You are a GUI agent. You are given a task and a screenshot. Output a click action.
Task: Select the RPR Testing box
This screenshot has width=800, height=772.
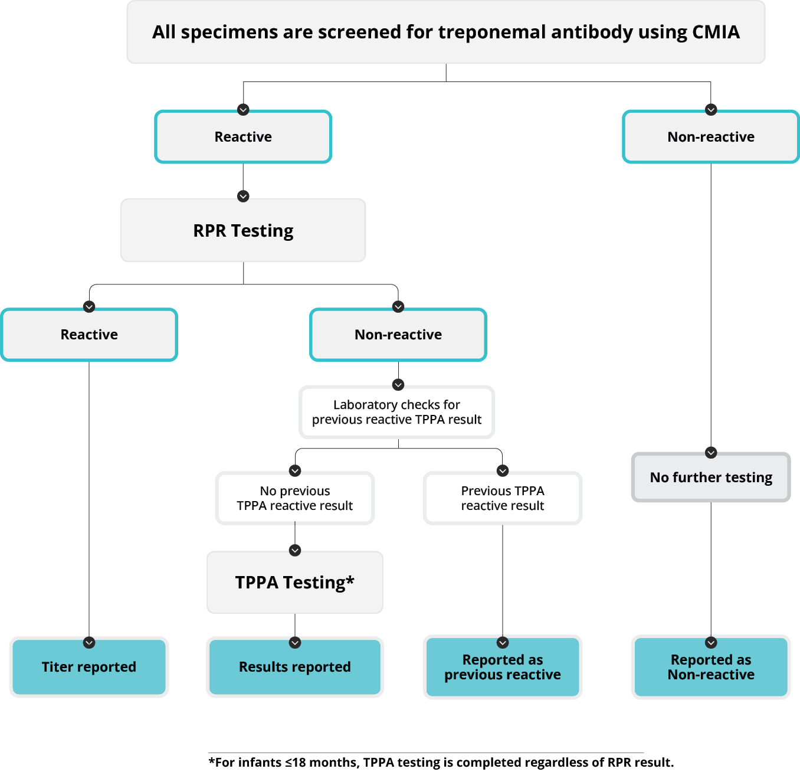pyautogui.click(x=243, y=231)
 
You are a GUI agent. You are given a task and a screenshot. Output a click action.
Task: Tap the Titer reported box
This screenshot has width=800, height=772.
pyautogui.click(x=89, y=667)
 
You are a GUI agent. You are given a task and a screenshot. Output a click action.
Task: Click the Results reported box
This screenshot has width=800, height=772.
pyautogui.click(x=295, y=667)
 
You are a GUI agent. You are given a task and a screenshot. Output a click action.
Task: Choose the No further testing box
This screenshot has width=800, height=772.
pyautogui.click(x=711, y=477)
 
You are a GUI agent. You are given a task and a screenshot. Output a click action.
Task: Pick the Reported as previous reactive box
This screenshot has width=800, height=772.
pyautogui.click(x=503, y=667)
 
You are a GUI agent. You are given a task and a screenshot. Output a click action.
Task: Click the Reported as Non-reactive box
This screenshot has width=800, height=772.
pyautogui.click(x=711, y=667)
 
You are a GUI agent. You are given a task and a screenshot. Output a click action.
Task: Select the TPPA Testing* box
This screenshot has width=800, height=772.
pyautogui.click(x=295, y=583)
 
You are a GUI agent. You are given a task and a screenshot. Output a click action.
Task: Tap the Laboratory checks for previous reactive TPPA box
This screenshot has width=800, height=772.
pyautogui.click(x=397, y=412)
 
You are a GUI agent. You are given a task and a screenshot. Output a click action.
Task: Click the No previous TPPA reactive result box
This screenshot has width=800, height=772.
pyautogui.click(x=295, y=498)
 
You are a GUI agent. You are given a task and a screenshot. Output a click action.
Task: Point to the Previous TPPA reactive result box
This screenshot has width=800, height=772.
pyautogui.click(x=503, y=498)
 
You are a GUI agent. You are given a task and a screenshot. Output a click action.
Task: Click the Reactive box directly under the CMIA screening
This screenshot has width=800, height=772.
pyautogui.click(x=243, y=137)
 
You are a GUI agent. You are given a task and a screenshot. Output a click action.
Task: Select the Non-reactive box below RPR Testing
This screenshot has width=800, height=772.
pyautogui.click(x=398, y=335)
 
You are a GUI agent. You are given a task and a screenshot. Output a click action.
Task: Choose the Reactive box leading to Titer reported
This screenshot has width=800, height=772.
pyautogui.click(x=89, y=335)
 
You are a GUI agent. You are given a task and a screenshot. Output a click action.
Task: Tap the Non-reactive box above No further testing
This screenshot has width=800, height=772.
pyautogui.click(x=711, y=137)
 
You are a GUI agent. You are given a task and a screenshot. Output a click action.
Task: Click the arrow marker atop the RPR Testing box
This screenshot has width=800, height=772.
pyautogui.click(x=243, y=196)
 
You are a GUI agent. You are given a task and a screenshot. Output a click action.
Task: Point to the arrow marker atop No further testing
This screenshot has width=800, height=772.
pyautogui.click(x=711, y=453)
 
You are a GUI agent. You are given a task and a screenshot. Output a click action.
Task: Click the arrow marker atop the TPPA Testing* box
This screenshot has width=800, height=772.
pyautogui.click(x=295, y=550)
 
